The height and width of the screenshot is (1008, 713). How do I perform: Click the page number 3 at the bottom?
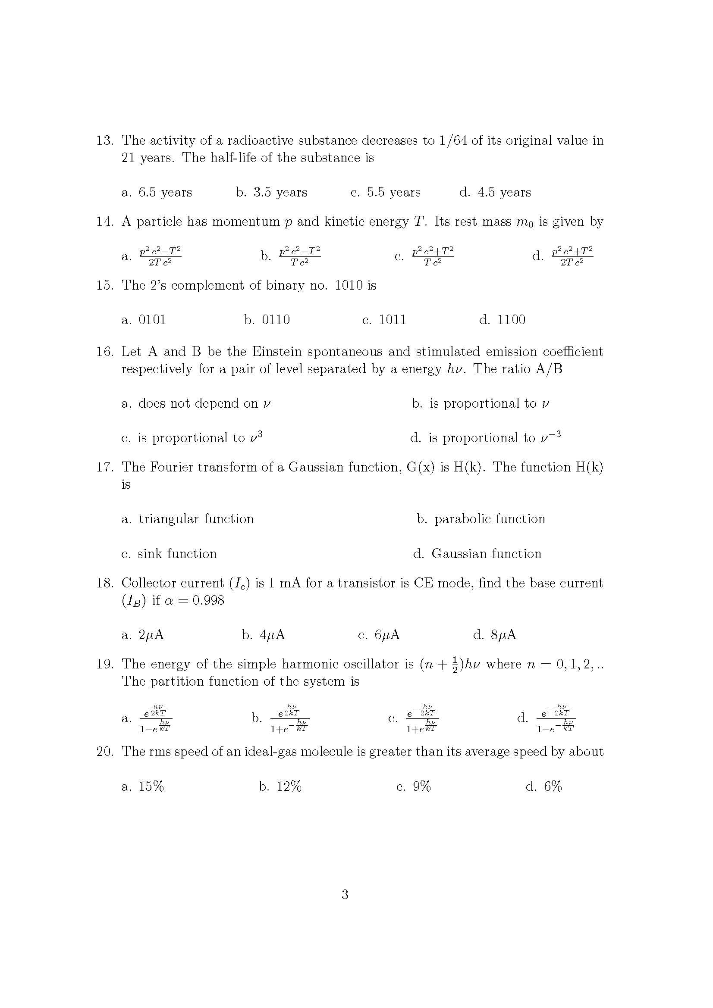tap(345, 894)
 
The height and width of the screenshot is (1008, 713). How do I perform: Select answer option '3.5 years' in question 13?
tap(280, 192)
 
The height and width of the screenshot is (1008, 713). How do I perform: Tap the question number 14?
tap(104, 222)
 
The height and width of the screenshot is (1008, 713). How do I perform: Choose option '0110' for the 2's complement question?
tap(276, 320)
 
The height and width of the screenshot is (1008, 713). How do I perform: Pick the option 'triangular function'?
tap(196, 519)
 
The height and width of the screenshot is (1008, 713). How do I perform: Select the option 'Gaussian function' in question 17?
tap(486, 554)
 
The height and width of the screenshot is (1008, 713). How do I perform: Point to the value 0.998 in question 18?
tap(208, 600)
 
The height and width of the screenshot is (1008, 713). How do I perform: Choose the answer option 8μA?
tap(503, 635)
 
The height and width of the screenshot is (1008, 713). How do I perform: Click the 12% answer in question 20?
tap(289, 786)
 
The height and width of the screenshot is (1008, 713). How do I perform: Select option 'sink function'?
tap(176, 554)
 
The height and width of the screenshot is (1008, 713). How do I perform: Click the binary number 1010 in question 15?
tap(349, 285)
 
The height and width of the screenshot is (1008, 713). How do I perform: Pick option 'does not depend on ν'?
tap(204, 403)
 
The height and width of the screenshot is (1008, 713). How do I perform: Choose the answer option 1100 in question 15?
tap(511, 320)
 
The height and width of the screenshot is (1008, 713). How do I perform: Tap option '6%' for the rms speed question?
tap(553, 786)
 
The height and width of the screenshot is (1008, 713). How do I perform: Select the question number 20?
tap(104, 752)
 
